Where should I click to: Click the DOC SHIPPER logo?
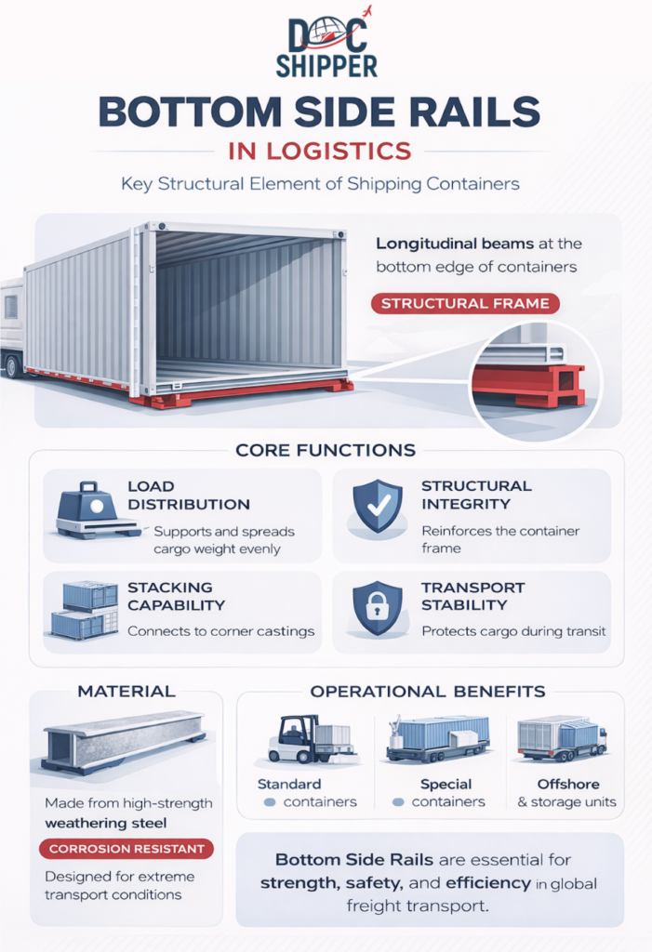[x=326, y=43]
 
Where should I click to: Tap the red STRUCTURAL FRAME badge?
[x=465, y=303]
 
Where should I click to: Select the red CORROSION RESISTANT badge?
[x=126, y=849]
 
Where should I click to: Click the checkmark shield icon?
[x=378, y=507]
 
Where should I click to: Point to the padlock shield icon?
[x=378, y=608]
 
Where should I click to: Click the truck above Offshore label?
[x=562, y=738]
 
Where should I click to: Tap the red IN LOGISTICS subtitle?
[x=320, y=151]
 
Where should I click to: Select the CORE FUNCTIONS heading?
[x=326, y=450]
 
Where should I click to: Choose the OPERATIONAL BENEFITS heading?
[x=428, y=692]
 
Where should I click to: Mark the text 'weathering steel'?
[x=106, y=824]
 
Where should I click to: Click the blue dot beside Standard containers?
[x=270, y=802]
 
